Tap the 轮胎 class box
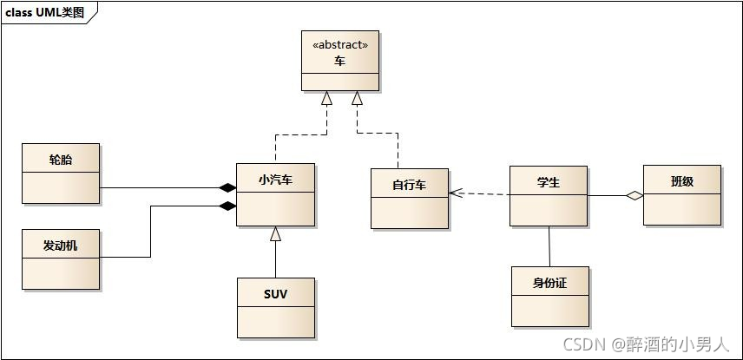(x=61, y=173)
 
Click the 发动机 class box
(x=61, y=259)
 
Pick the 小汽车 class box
(x=276, y=194)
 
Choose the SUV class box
(x=276, y=308)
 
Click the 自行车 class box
(x=410, y=199)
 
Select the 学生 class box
(x=548, y=196)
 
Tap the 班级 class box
(x=682, y=195)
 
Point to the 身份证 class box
(x=549, y=297)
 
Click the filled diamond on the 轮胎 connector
(x=227, y=187)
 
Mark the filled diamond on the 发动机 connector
(x=227, y=206)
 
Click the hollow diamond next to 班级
(x=635, y=196)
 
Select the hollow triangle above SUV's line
(x=275, y=232)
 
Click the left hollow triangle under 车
(x=326, y=98)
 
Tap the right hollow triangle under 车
(x=357, y=98)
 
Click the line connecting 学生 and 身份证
(x=549, y=246)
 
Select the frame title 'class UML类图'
(x=45, y=12)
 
